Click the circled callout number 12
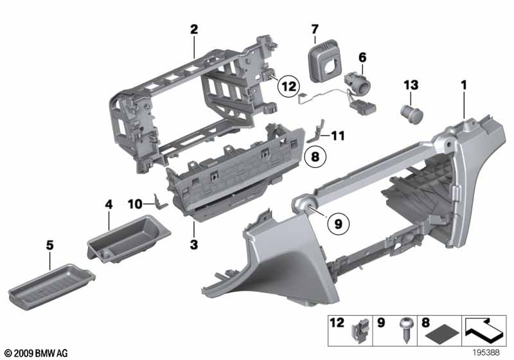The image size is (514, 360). tap(288, 87)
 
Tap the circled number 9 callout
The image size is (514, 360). tap(339, 224)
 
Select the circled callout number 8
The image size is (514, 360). tap(315, 156)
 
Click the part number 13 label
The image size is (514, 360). tap(411, 85)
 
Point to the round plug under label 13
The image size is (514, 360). tap(412, 113)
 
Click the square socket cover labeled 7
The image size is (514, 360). tap(325, 61)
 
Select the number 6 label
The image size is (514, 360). tap(362, 57)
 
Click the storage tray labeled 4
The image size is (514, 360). tap(129, 239)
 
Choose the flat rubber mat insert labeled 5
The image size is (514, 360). tap(52, 287)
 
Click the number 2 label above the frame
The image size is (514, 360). tap(194, 30)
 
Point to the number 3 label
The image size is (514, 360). tap(194, 244)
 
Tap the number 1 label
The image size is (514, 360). tap(463, 85)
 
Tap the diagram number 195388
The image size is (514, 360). tap(486, 352)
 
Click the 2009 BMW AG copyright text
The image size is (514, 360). tap(37, 353)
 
